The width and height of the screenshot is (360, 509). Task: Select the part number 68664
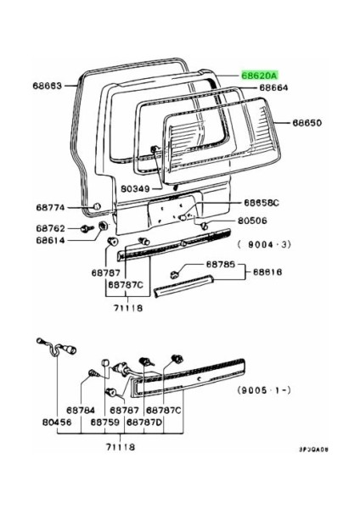[x=274, y=88]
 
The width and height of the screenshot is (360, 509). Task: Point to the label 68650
[x=308, y=123]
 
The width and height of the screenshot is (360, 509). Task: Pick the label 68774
[x=51, y=208]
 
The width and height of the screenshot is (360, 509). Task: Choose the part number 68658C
[x=262, y=204]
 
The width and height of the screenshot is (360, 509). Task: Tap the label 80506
[x=256, y=221]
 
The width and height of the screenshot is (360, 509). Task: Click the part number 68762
[x=51, y=228]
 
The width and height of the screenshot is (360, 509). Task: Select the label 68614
[x=51, y=241]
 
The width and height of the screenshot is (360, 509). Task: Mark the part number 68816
[x=267, y=273]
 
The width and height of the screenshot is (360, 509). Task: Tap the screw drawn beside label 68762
[x=86, y=228]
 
